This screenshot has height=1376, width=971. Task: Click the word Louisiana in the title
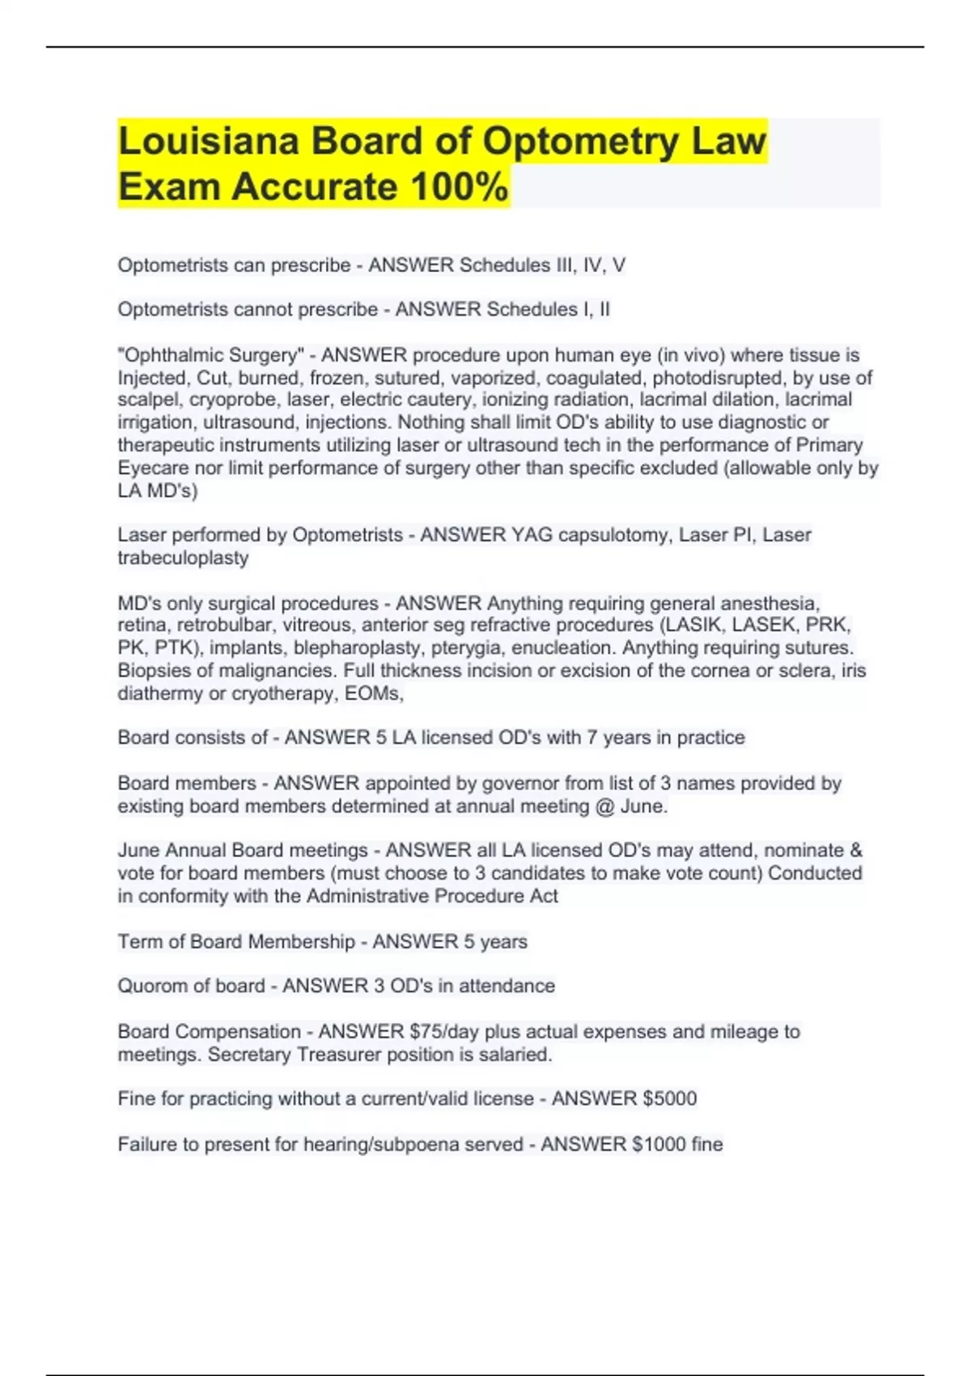tap(209, 141)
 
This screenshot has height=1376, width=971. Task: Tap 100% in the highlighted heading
tap(460, 187)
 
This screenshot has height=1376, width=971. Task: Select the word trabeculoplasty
tap(183, 558)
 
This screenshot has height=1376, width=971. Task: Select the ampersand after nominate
tap(856, 851)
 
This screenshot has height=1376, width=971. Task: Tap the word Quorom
tap(151, 986)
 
